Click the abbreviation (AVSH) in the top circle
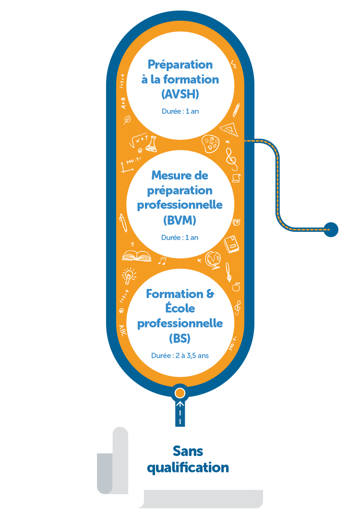(x=180, y=94)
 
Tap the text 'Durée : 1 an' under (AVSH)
(x=180, y=111)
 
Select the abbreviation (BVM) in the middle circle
(x=180, y=221)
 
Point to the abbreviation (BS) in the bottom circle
(x=180, y=338)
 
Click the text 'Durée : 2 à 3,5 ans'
(x=180, y=356)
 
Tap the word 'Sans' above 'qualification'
(x=188, y=451)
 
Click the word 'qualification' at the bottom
(x=188, y=468)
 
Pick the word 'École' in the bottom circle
(x=180, y=307)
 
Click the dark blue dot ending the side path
(x=331, y=229)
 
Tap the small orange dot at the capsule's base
(x=180, y=393)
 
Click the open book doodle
(x=136, y=256)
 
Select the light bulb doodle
(x=129, y=275)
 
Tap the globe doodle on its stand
(x=213, y=260)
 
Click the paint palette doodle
(x=210, y=144)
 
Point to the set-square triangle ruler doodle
(x=229, y=129)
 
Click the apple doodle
(x=236, y=287)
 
